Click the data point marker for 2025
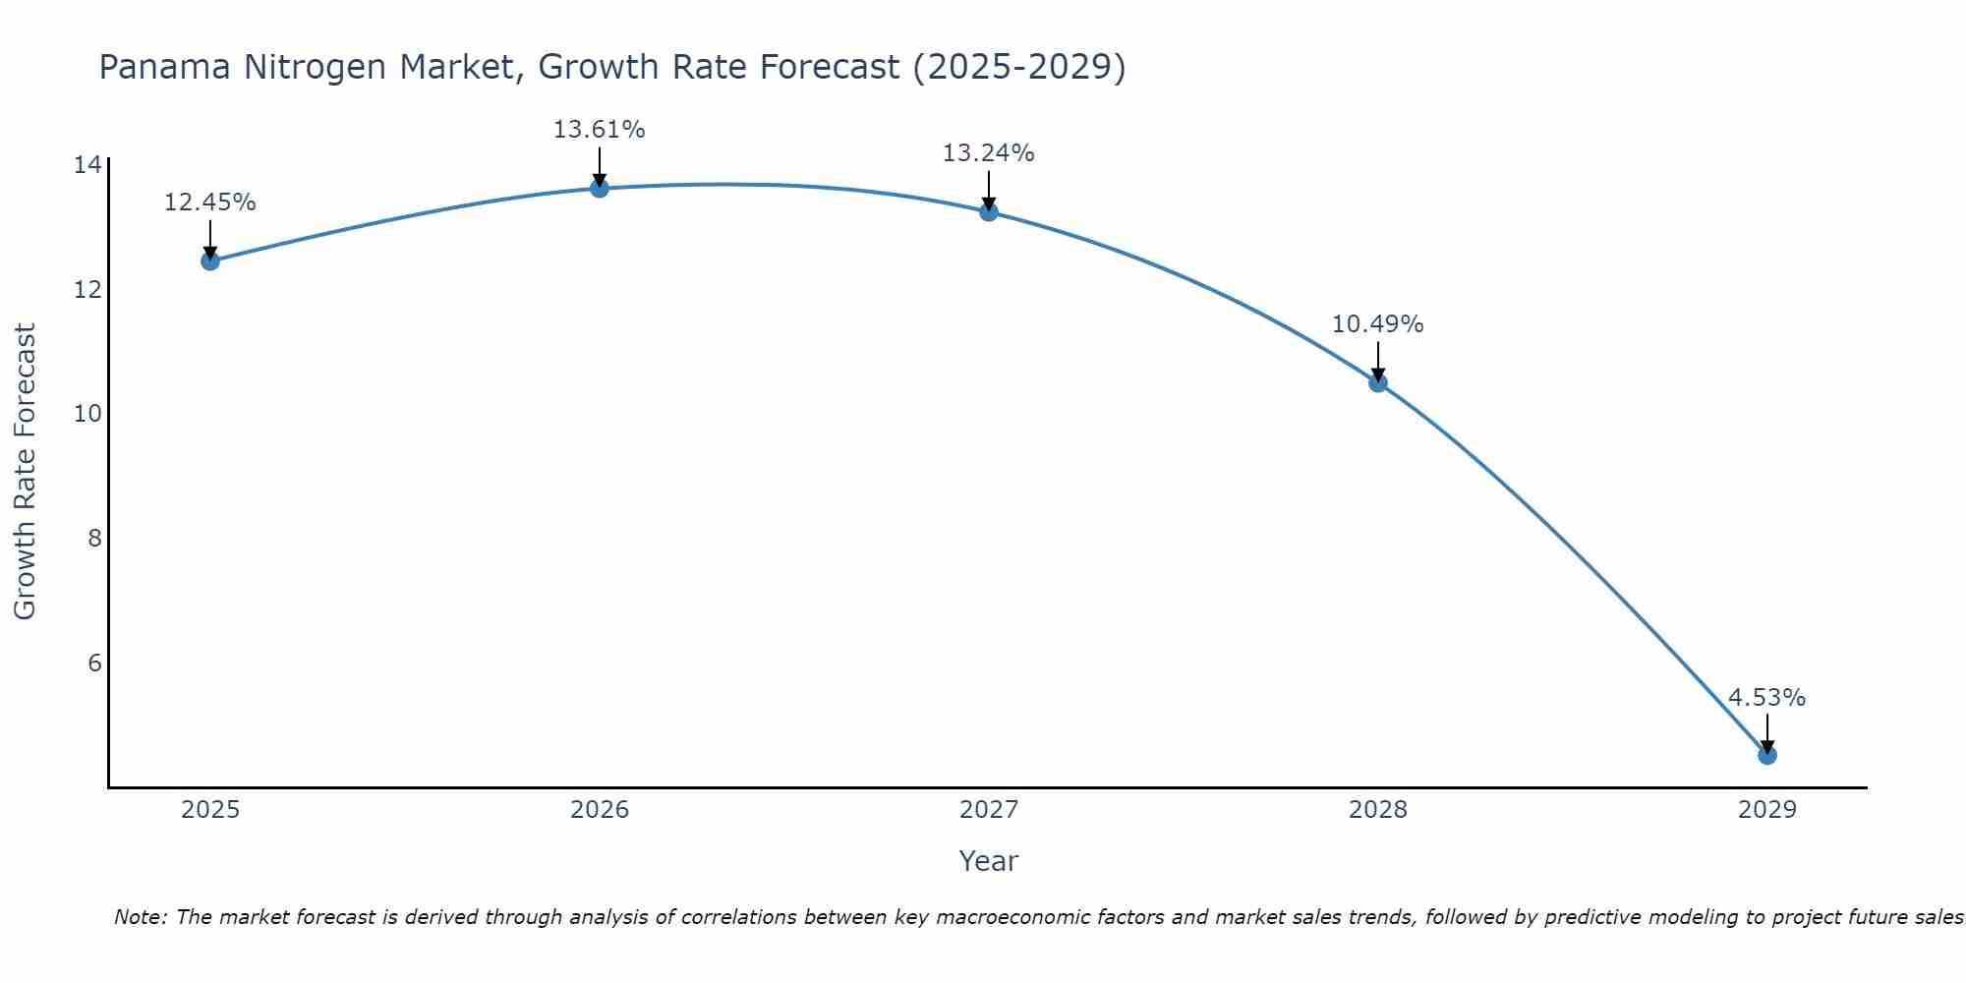pyautogui.click(x=210, y=260)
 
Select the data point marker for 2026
pyautogui.click(x=600, y=188)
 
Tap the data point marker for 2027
pyautogui.click(x=989, y=211)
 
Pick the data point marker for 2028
pyautogui.click(x=1378, y=382)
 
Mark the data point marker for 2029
pyautogui.click(x=1767, y=755)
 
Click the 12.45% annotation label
pyautogui.click(x=209, y=202)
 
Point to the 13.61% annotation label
pyautogui.click(x=599, y=130)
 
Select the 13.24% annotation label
pyautogui.click(x=988, y=153)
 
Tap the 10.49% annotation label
pyautogui.click(x=1377, y=324)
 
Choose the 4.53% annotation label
pyautogui.click(x=1766, y=698)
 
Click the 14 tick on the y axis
pyautogui.click(x=87, y=165)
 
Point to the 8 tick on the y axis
pyautogui.click(x=94, y=538)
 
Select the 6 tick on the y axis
pyautogui.click(x=94, y=663)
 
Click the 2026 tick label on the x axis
pyautogui.click(x=600, y=810)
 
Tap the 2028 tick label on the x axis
pyautogui.click(x=1378, y=810)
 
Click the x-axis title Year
pyautogui.click(x=988, y=861)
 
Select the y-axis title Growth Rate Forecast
pyautogui.click(x=25, y=472)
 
